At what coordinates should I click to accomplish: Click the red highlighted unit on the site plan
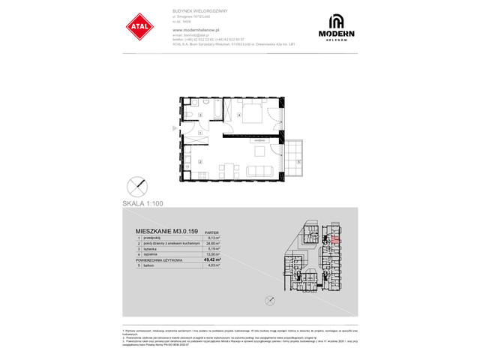click(335, 241)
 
